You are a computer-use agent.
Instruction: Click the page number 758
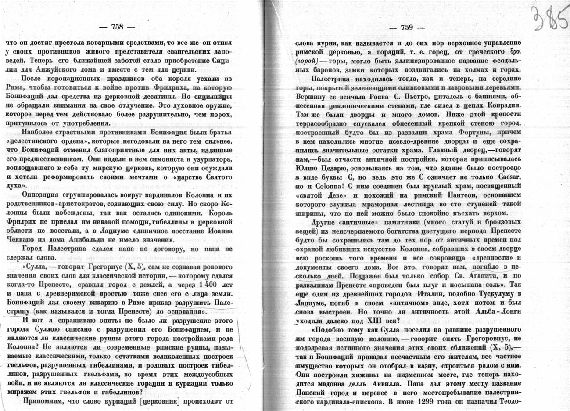click(117, 27)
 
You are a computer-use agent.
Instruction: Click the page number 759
click(406, 27)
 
